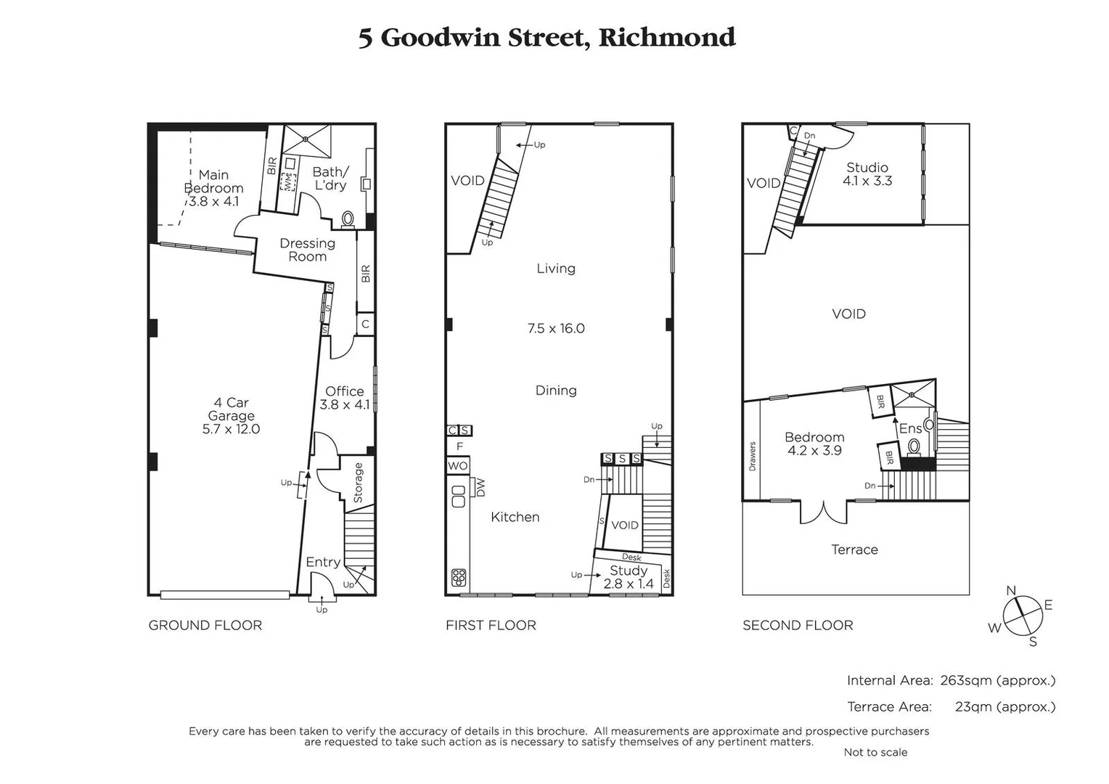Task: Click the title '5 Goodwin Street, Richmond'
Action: point(547,38)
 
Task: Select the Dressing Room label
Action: point(307,250)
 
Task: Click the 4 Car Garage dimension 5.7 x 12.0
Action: point(231,429)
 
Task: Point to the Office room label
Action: point(344,391)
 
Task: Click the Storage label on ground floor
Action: point(358,483)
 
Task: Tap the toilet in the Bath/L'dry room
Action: point(348,218)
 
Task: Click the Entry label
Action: point(323,562)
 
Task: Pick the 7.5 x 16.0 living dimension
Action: point(556,328)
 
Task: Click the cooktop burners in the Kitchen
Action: point(458,577)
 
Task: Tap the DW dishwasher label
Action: point(480,487)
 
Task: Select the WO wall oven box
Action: point(457,465)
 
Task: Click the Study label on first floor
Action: point(628,571)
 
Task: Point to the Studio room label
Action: point(867,168)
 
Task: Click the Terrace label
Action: point(854,550)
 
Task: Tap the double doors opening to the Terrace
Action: point(823,512)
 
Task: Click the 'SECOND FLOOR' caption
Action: point(798,625)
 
